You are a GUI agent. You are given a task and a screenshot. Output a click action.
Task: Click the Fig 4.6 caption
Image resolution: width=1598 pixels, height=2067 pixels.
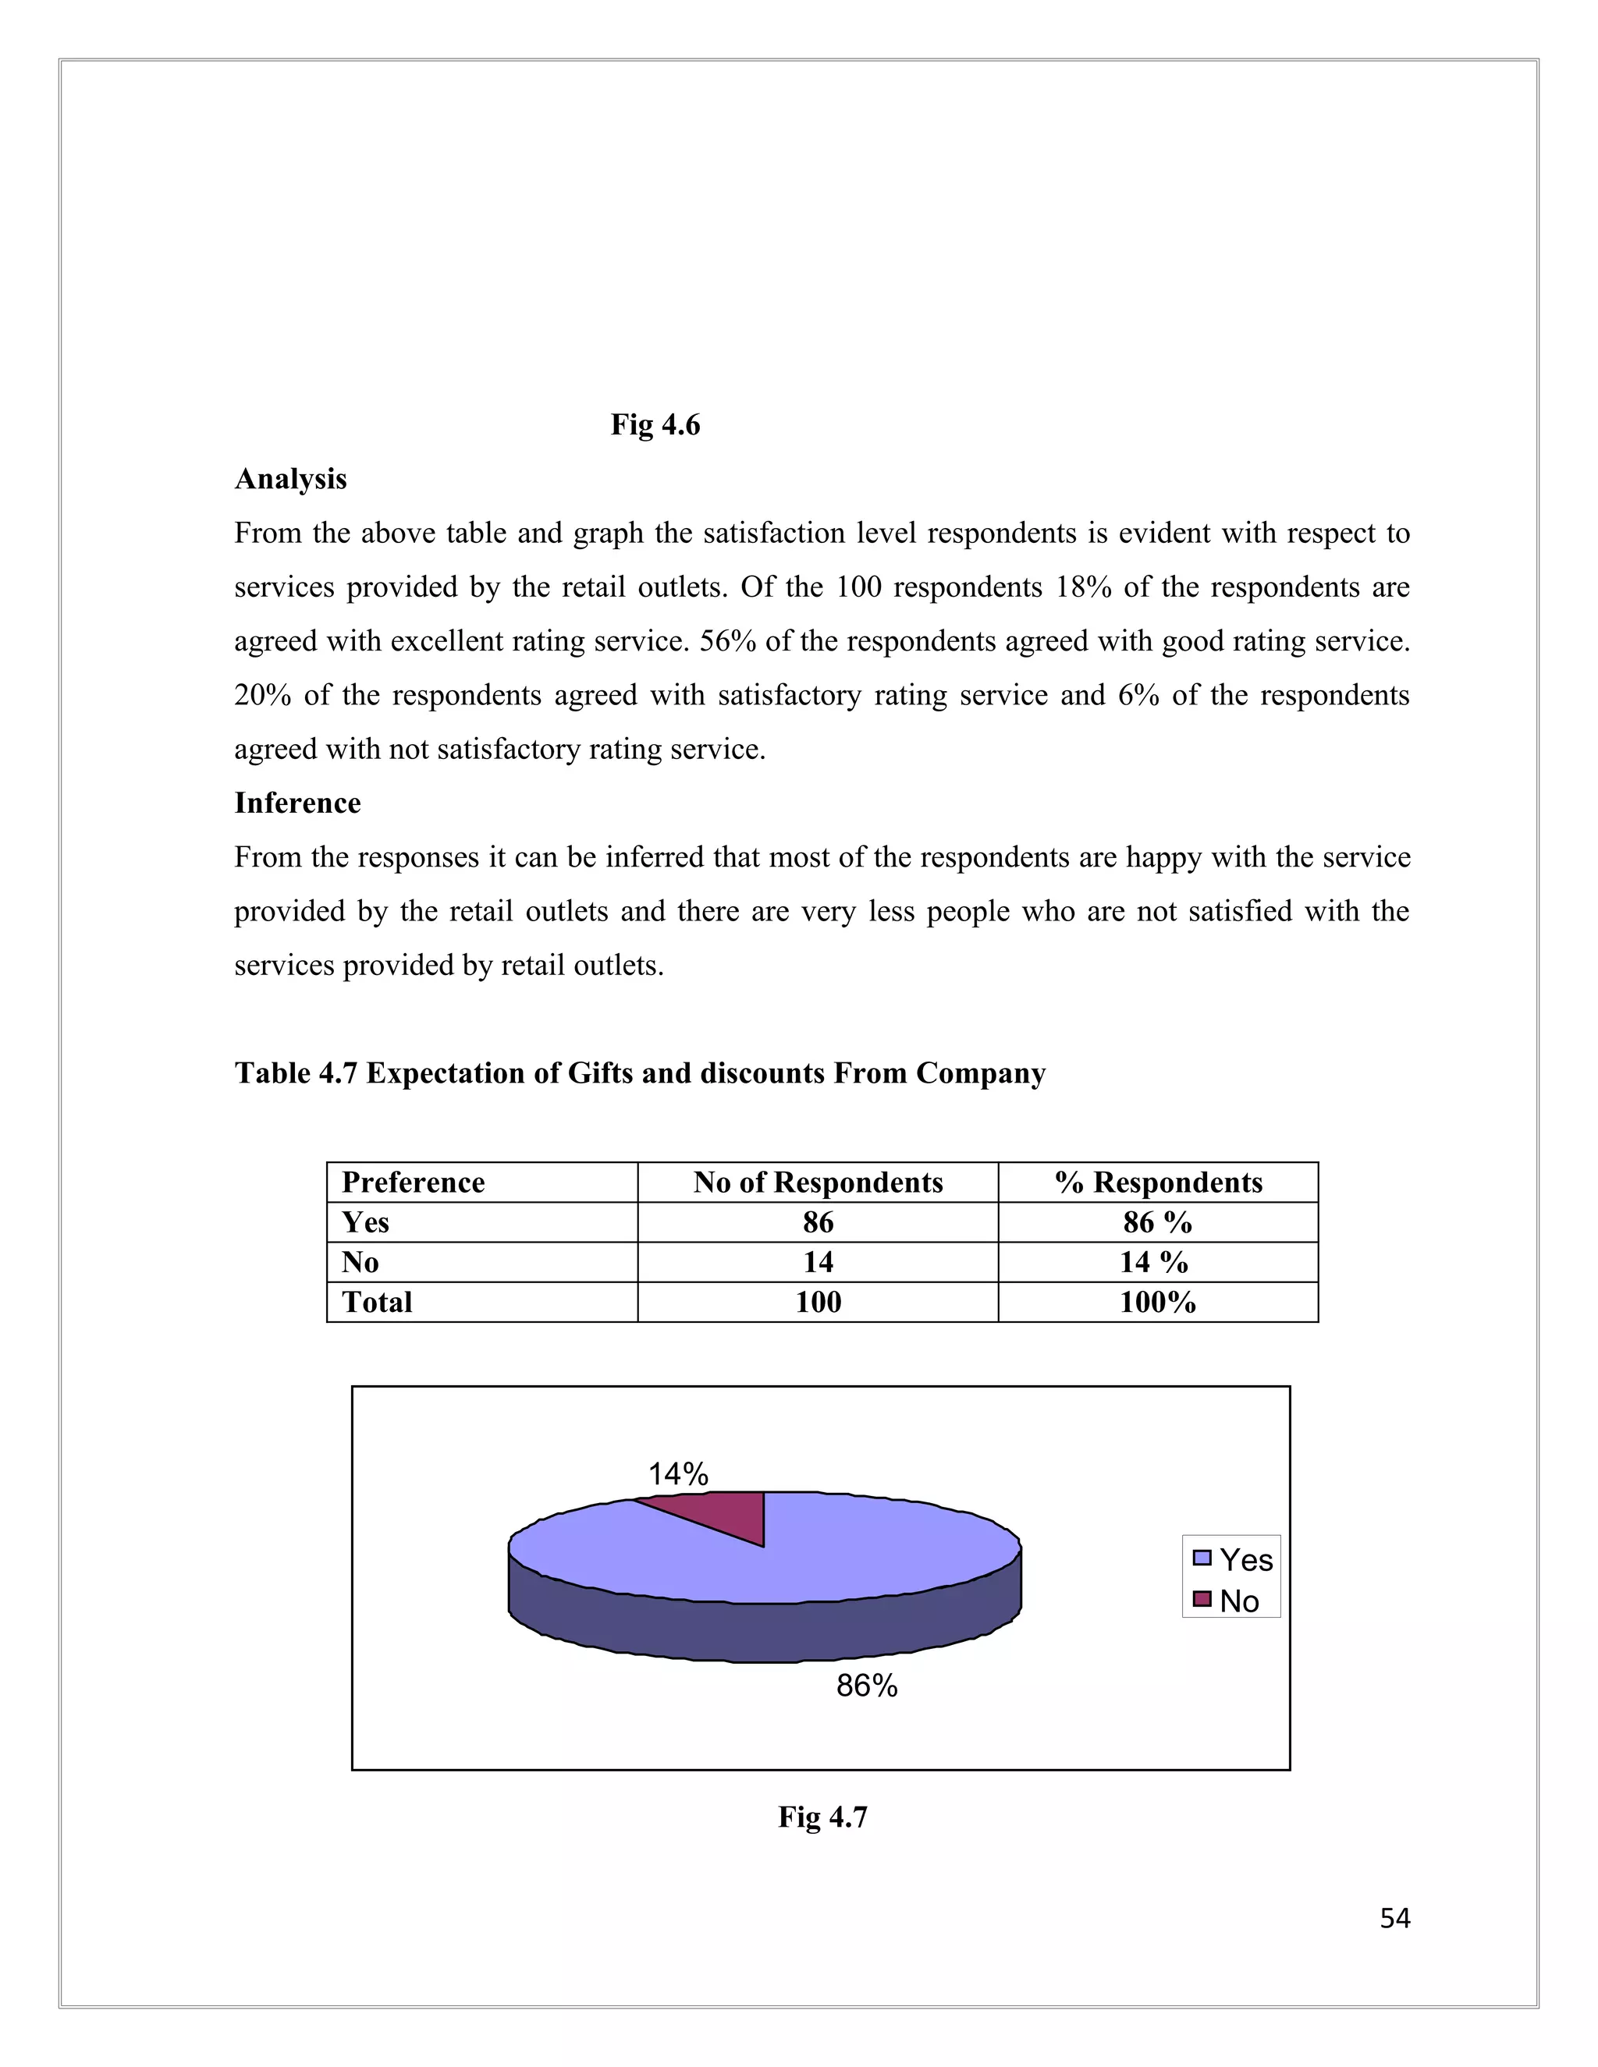click(x=655, y=425)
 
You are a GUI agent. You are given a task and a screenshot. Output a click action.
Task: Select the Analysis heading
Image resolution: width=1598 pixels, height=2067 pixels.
click(x=290, y=479)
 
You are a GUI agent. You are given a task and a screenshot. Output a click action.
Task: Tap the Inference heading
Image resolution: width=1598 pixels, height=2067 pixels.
click(x=297, y=803)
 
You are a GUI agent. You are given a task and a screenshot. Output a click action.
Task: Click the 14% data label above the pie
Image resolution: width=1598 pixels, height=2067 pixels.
click(x=678, y=1473)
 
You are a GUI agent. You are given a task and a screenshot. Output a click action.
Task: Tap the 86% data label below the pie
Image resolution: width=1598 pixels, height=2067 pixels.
click(x=866, y=1686)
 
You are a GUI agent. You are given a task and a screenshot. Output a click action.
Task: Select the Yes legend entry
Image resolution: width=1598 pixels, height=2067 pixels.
click(x=1234, y=1558)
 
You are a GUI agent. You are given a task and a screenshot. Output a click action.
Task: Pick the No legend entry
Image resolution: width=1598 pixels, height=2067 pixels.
click(x=1228, y=1601)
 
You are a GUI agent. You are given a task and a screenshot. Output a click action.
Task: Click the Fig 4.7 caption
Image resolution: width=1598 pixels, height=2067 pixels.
click(x=822, y=1816)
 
